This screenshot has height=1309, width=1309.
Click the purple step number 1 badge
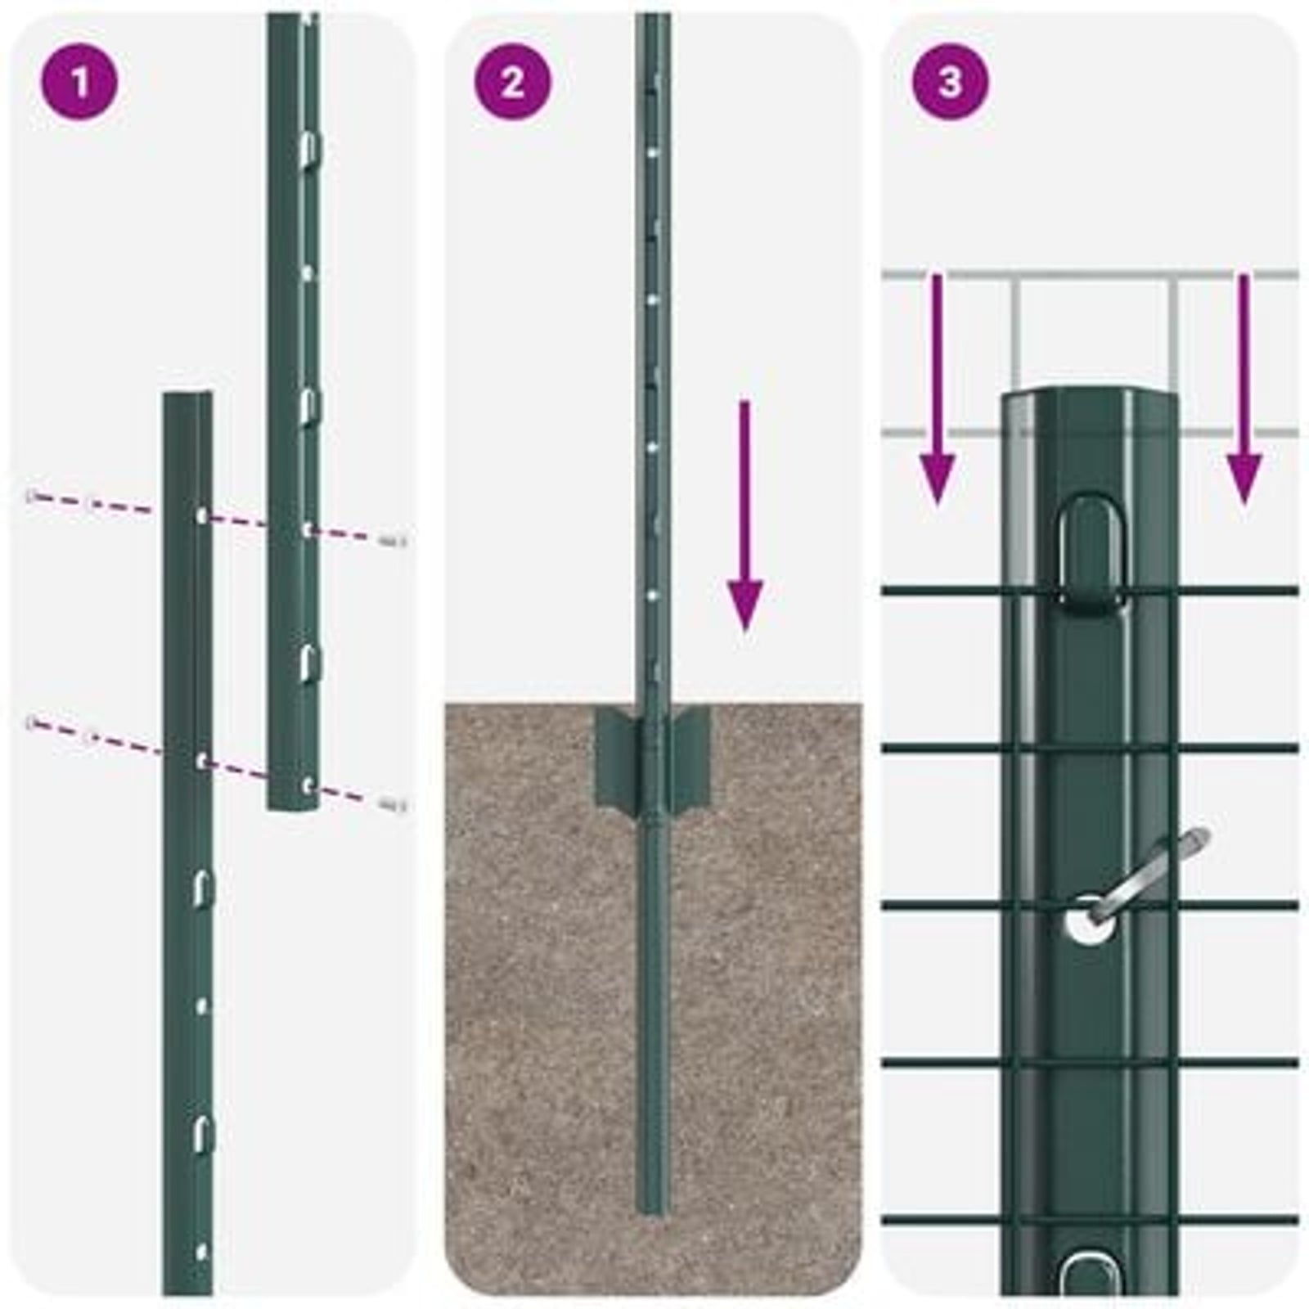tap(79, 83)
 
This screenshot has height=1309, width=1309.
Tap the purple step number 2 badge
tap(513, 83)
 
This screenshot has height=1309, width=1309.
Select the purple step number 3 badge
tap(950, 83)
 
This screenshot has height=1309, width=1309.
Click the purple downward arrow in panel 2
tap(744, 515)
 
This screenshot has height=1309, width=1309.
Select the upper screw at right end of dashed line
tap(394, 540)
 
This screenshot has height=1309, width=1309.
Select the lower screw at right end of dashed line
tap(394, 805)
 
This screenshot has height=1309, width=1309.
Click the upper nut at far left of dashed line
tap(33, 496)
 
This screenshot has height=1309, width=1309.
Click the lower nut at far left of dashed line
tap(33, 722)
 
